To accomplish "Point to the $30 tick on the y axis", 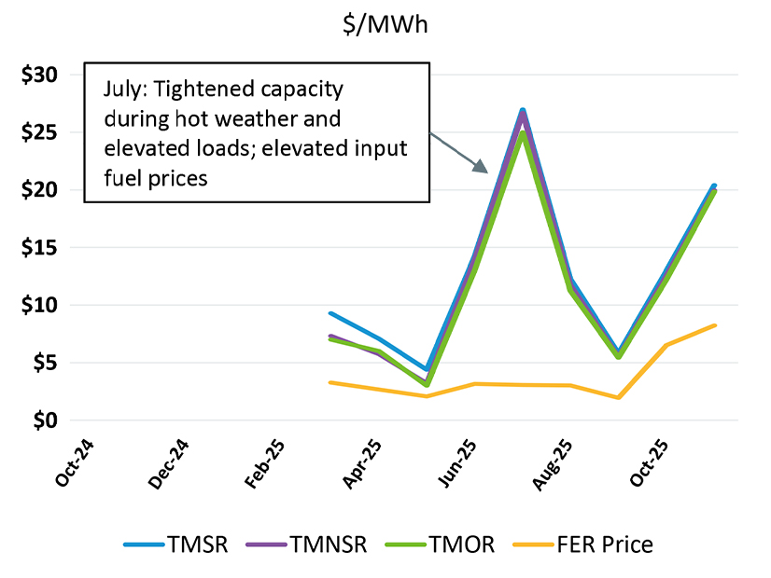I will [x=39, y=75].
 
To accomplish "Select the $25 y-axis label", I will [x=39, y=132].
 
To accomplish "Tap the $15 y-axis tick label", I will [x=39, y=248].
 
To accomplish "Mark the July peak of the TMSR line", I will [x=522, y=110].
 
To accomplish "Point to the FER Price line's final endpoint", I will [x=715, y=325].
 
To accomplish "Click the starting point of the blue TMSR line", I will [x=329, y=313].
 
